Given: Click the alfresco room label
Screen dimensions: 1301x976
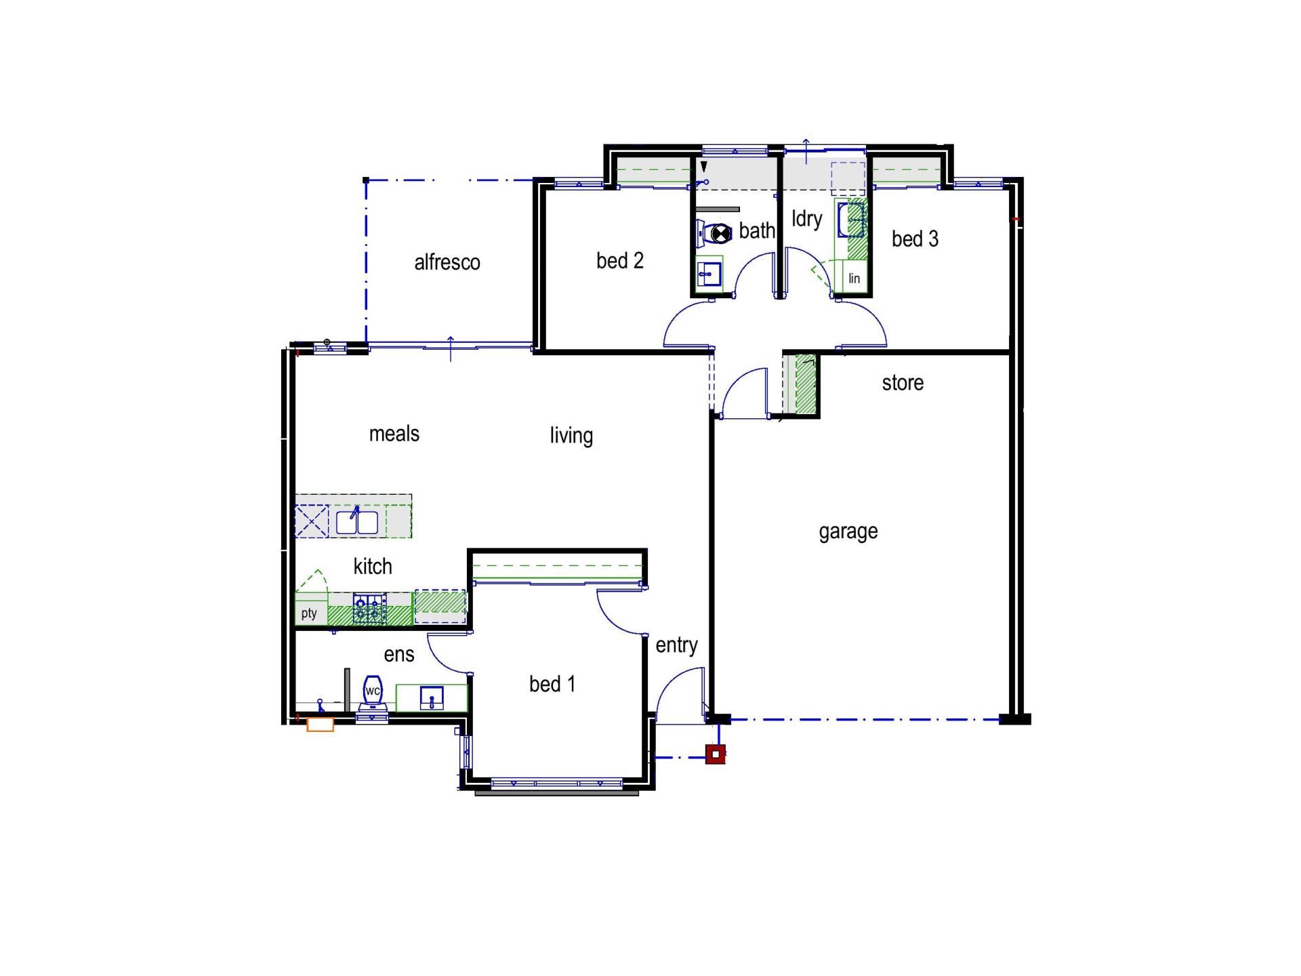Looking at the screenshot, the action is (x=447, y=262).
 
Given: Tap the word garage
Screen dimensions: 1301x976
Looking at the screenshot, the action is (x=848, y=532).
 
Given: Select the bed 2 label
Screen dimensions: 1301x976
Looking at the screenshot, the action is (x=620, y=260).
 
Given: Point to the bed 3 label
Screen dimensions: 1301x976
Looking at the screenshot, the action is (x=915, y=239).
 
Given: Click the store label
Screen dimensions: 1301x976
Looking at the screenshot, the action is (x=903, y=383).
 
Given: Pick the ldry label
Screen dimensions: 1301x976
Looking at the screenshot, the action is (x=807, y=219).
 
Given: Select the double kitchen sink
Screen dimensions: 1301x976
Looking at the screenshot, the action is (x=357, y=523).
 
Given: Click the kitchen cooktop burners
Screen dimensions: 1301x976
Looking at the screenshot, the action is (x=370, y=609).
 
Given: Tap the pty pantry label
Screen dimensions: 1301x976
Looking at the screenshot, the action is (x=309, y=613).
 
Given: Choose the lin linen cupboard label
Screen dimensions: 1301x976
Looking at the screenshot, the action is (x=854, y=278).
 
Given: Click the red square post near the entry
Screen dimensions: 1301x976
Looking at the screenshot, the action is (x=716, y=754).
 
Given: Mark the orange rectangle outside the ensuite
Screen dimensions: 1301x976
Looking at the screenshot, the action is (x=321, y=725).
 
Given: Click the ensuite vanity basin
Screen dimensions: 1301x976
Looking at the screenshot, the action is (x=432, y=697).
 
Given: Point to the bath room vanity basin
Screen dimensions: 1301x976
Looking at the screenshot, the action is (x=709, y=274).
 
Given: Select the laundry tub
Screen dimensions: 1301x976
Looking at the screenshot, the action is (x=852, y=220).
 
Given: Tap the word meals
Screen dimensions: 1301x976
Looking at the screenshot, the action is (x=394, y=434).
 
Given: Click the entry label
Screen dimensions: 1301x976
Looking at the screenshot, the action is (x=676, y=645).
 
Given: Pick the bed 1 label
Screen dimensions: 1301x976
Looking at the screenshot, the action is (x=552, y=684).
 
